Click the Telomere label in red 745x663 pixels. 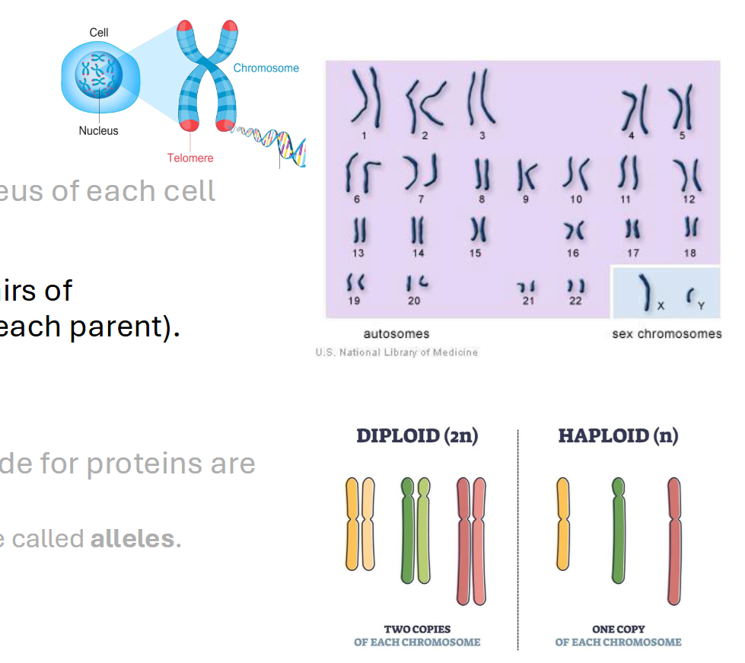coord(190,158)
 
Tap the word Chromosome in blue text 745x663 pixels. coord(266,68)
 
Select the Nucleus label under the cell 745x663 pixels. coord(99,130)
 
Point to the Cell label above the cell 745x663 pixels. coord(99,32)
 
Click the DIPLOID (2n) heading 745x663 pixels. coord(417,436)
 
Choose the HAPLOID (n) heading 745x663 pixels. coord(618,436)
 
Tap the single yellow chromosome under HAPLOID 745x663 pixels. coord(563,524)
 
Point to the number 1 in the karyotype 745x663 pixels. coord(364,135)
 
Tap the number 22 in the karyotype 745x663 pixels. coord(575,301)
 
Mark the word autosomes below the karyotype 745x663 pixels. coord(396,333)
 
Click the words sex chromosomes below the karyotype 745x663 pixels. coord(667,333)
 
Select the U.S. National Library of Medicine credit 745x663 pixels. coord(396,352)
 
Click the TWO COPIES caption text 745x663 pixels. coord(417,630)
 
